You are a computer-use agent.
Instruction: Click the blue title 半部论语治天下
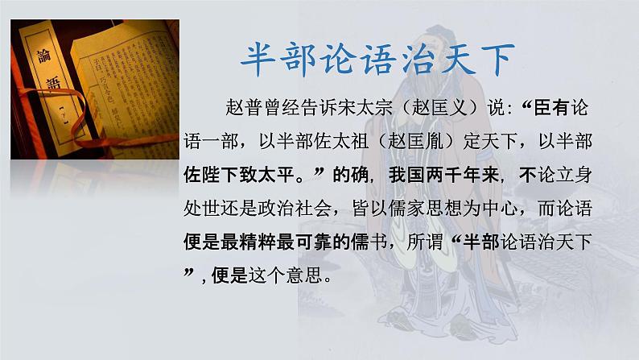[377, 60]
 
